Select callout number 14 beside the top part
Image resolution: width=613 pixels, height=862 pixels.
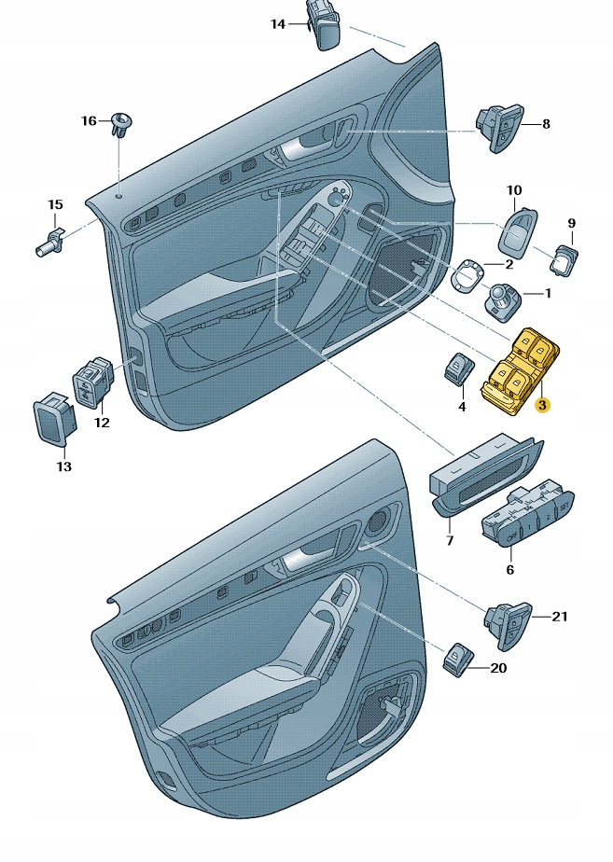pos(278,24)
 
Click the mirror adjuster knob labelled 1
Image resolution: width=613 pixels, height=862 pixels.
pos(501,299)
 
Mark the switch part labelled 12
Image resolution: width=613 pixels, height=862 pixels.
pos(91,384)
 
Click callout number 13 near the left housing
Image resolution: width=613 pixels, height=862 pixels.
pos(64,466)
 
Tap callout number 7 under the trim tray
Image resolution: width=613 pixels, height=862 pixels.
pos(449,540)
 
